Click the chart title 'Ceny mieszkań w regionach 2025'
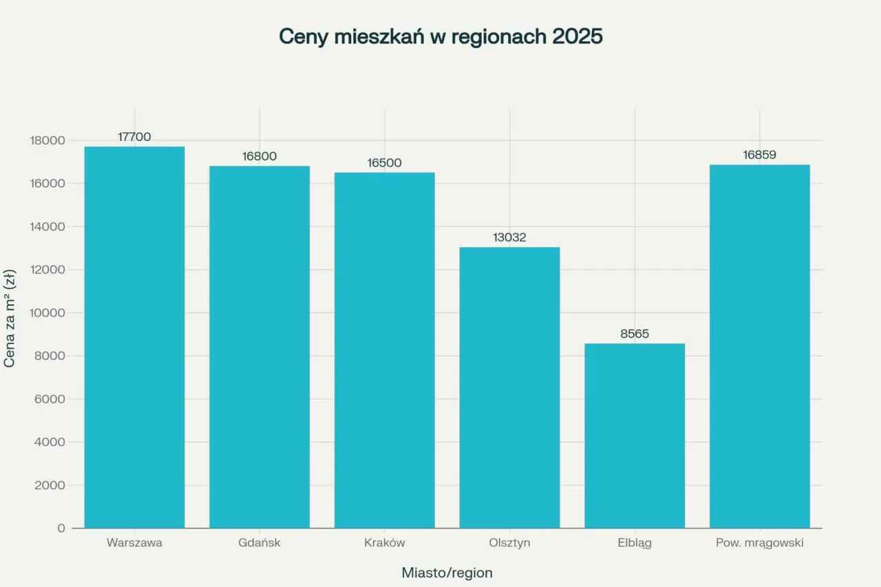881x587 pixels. tap(440, 37)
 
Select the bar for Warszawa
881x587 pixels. tap(134, 337)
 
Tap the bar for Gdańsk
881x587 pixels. tap(259, 348)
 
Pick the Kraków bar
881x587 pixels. tap(384, 350)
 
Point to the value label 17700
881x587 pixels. tap(134, 137)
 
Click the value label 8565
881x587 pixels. tap(635, 334)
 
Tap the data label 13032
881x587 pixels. tap(509, 237)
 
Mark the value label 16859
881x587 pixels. tap(759, 155)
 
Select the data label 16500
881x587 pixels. tap(384, 163)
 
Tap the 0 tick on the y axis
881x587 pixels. tap(61, 529)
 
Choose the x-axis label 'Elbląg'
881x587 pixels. tap(635, 543)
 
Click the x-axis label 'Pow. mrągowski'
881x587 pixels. tap(759, 543)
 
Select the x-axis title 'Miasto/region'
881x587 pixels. tap(447, 573)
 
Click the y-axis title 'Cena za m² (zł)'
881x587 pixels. tap(10, 319)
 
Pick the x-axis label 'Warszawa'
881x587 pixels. tap(134, 543)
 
